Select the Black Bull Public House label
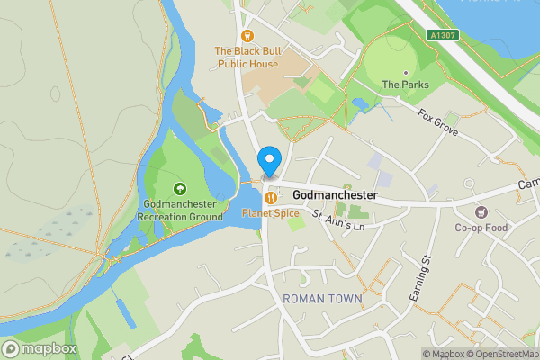click(x=247, y=58)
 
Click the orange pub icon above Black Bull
click(x=247, y=36)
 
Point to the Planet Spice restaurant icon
click(x=270, y=197)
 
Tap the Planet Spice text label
click(x=270, y=213)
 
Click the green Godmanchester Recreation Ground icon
click(x=180, y=189)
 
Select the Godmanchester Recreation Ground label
click(x=180, y=211)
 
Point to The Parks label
click(x=405, y=85)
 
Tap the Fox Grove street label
click(x=438, y=122)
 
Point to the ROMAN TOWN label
click(x=322, y=298)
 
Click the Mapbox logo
click(x=40, y=348)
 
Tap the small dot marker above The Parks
click(x=405, y=71)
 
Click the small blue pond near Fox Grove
click(x=362, y=104)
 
